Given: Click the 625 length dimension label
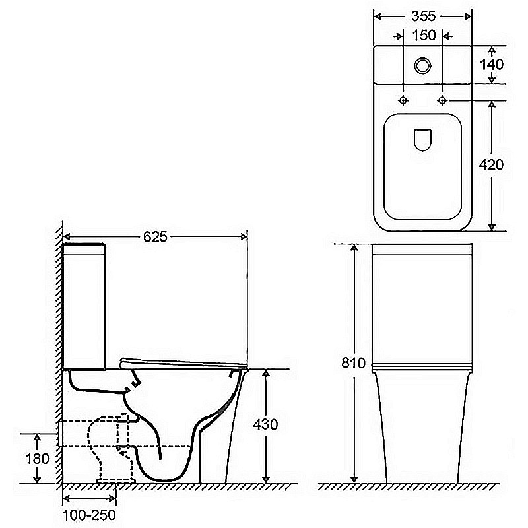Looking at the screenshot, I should pos(154,236).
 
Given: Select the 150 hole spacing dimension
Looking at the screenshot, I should pos(422,36).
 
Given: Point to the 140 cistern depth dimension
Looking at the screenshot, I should pos(492,65).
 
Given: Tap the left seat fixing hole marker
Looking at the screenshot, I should pos(404,100).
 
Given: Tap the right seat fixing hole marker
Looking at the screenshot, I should pos(442,100).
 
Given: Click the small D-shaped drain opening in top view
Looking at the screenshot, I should pos(422,139).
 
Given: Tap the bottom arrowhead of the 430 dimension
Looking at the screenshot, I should pos(265,478).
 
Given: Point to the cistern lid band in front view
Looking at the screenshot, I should pos(422,249).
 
